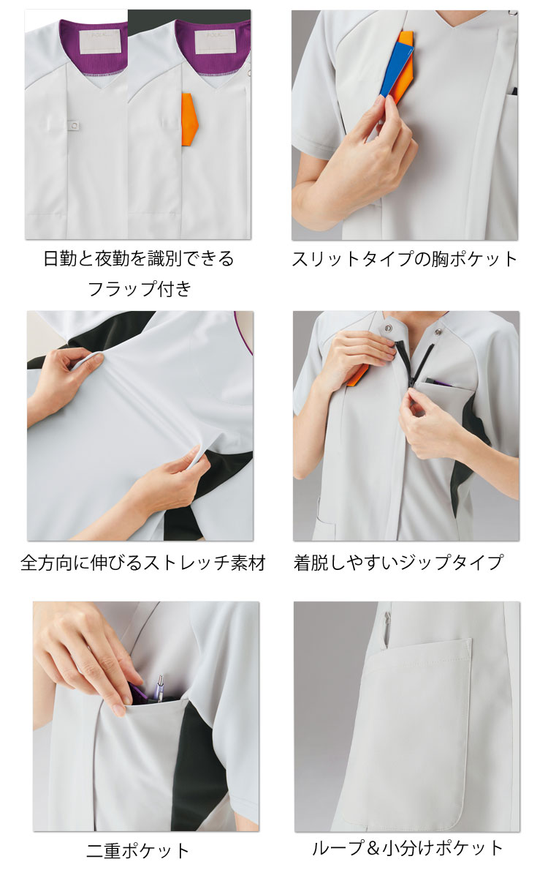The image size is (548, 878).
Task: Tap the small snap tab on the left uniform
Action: pos(73,127)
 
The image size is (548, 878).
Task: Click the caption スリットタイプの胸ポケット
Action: pos(405,259)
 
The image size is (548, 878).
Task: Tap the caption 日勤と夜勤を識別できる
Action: pos(139,259)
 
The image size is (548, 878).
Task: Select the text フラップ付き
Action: pos(139,288)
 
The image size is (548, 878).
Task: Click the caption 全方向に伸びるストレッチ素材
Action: pos(142,563)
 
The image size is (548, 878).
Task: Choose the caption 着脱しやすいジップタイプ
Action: pos(398,563)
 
